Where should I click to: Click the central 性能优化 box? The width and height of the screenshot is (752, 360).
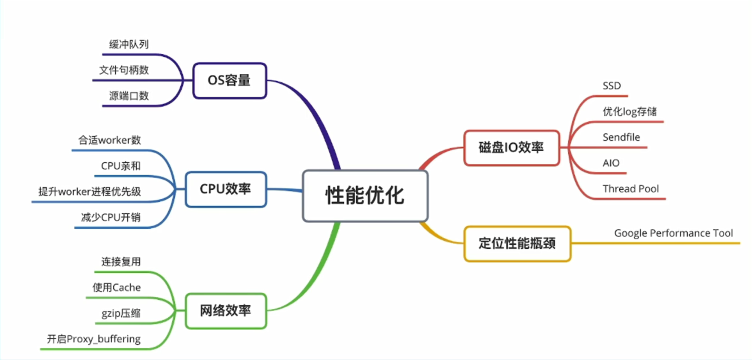(x=365, y=196)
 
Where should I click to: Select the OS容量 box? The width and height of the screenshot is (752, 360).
(x=230, y=81)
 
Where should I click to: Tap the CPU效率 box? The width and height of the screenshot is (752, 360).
(x=226, y=189)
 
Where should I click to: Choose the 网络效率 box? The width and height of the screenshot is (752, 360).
(x=226, y=311)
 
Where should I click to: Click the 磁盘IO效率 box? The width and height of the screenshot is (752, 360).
(x=512, y=148)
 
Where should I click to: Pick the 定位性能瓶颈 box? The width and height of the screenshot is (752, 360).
(x=517, y=244)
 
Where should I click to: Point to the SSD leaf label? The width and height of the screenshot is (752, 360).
(x=612, y=86)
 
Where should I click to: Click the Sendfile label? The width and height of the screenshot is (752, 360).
(x=621, y=138)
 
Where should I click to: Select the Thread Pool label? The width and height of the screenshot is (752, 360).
(x=631, y=189)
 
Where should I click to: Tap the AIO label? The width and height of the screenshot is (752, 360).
(x=611, y=163)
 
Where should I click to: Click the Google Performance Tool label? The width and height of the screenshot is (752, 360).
(x=673, y=233)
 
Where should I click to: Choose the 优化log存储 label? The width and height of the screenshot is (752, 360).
(x=629, y=112)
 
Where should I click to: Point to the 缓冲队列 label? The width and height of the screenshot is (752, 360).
(x=129, y=44)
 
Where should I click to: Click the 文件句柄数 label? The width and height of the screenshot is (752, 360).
(x=124, y=70)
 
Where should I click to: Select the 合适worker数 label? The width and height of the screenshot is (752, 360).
(x=110, y=140)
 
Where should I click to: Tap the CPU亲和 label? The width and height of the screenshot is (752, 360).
(x=121, y=166)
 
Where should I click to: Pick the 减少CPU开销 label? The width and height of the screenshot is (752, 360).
(x=111, y=218)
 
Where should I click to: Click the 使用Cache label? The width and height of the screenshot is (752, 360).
(x=116, y=287)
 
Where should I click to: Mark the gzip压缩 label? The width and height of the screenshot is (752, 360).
(x=121, y=313)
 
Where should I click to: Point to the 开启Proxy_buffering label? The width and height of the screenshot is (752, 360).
(x=94, y=339)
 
